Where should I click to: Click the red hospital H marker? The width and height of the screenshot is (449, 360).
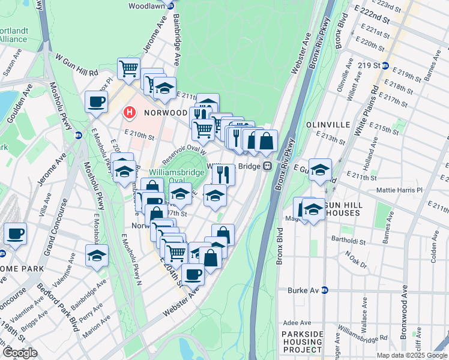point(128,112)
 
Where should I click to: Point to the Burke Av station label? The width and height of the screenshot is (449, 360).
point(306,289)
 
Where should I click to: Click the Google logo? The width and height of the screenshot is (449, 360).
point(20,353)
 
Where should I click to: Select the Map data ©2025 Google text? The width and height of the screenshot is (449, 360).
point(411,355)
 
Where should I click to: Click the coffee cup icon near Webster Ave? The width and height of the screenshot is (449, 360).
point(193,274)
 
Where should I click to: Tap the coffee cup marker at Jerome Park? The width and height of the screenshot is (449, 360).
point(15,233)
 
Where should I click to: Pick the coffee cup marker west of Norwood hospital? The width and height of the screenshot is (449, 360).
point(96,101)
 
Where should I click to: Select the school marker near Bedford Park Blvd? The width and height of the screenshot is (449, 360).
point(97,255)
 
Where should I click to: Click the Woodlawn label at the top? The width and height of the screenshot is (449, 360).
point(147,5)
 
